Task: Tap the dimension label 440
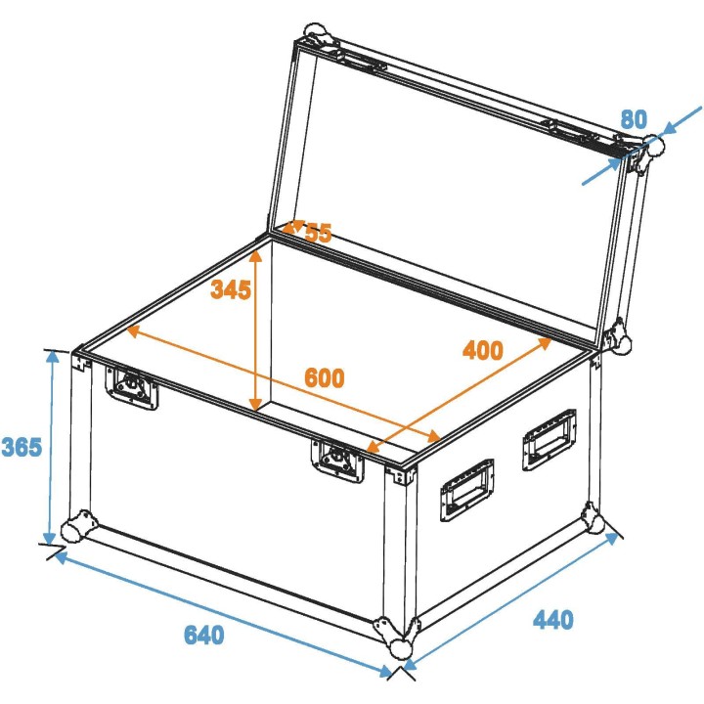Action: pyautogui.click(x=552, y=619)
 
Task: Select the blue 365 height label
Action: pyautogui.click(x=22, y=447)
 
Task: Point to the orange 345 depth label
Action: pyautogui.click(x=231, y=289)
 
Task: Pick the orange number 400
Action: pyautogui.click(x=482, y=350)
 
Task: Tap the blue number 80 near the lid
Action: pyautogui.click(x=634, y=119)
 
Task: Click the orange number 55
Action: pyautogui.click(x=318, y=233)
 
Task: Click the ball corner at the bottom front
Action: pyautogui.click(x=400, y=644)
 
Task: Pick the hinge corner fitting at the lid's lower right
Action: pyautogui.click(x=618, y=335)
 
